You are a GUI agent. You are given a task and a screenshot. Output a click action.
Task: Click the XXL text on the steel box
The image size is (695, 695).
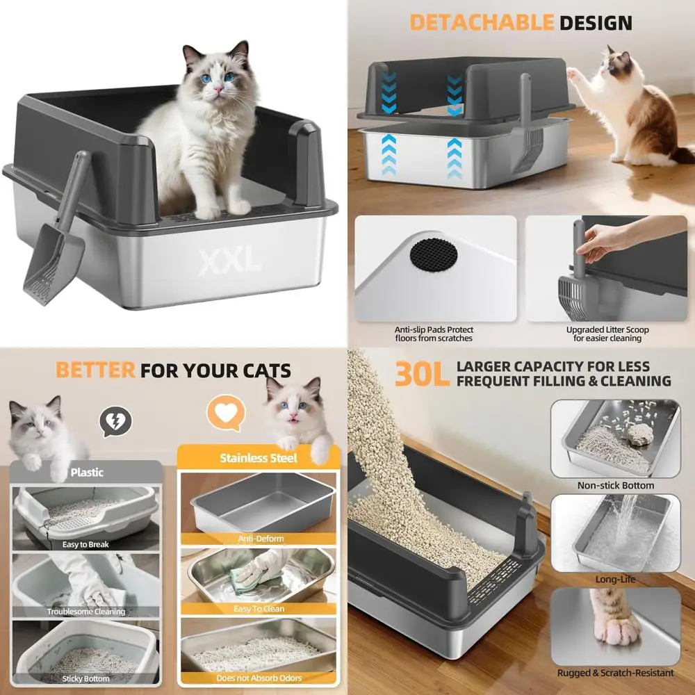pos(229,262)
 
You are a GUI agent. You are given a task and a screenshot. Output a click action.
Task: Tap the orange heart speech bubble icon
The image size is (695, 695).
pos(226,414)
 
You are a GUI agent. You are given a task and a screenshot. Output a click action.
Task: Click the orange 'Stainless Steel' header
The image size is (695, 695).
pos(258,458)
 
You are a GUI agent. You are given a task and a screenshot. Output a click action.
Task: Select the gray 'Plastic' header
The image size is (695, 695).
pos(87,473)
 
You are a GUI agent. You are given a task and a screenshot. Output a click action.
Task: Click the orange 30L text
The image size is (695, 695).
pos(423,374)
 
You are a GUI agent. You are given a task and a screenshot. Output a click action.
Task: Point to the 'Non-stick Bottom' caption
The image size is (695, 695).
pos(616,485)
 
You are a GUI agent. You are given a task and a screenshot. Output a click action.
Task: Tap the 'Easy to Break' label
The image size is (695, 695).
pos(85,544)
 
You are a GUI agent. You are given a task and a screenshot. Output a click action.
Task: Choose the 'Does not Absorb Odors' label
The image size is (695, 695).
pos(259,678)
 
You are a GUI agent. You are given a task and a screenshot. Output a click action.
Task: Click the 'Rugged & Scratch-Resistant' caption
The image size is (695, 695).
pos(615,673)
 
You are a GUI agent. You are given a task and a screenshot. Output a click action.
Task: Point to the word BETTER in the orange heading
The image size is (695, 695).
pos(95,370)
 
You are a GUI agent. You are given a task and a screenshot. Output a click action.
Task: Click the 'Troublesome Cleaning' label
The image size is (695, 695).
pos(86,612)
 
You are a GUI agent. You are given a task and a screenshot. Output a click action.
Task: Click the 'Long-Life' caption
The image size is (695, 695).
pos(615,579)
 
